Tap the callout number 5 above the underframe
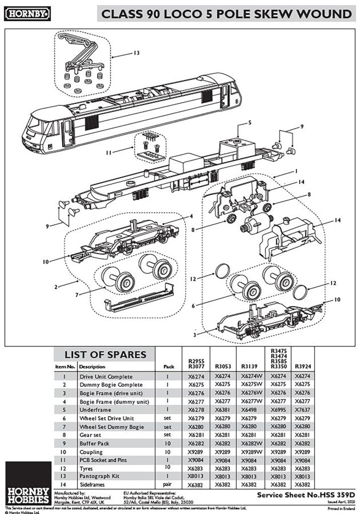click(250, 122)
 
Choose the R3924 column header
click(303, 366)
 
